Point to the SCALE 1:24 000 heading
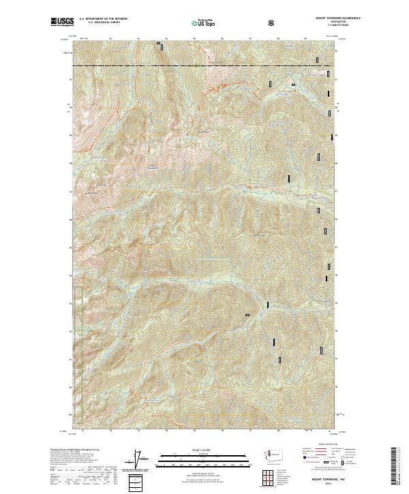pyautogui.click(x=193, y=449)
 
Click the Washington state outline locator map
pyautogui.click(x=263, y=454)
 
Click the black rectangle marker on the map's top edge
pyautogui.click(x=160, y=46)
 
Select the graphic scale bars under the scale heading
pyautogui.click(x=193, y=460)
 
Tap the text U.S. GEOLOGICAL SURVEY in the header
pyautogui.click(x=99, y=23)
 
